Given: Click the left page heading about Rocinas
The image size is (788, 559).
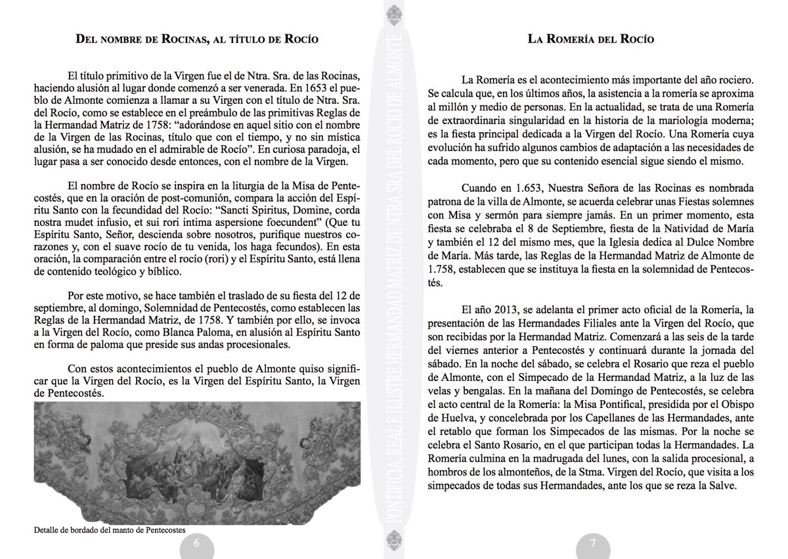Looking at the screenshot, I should coord(197,39).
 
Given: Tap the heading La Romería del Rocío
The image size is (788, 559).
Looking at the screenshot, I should coord(591,39).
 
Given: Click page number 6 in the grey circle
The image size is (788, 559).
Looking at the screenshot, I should coord(196,543).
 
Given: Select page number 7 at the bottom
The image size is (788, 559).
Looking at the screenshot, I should coord(592,543).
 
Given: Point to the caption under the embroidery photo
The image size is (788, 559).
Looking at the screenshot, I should coord(110,529).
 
